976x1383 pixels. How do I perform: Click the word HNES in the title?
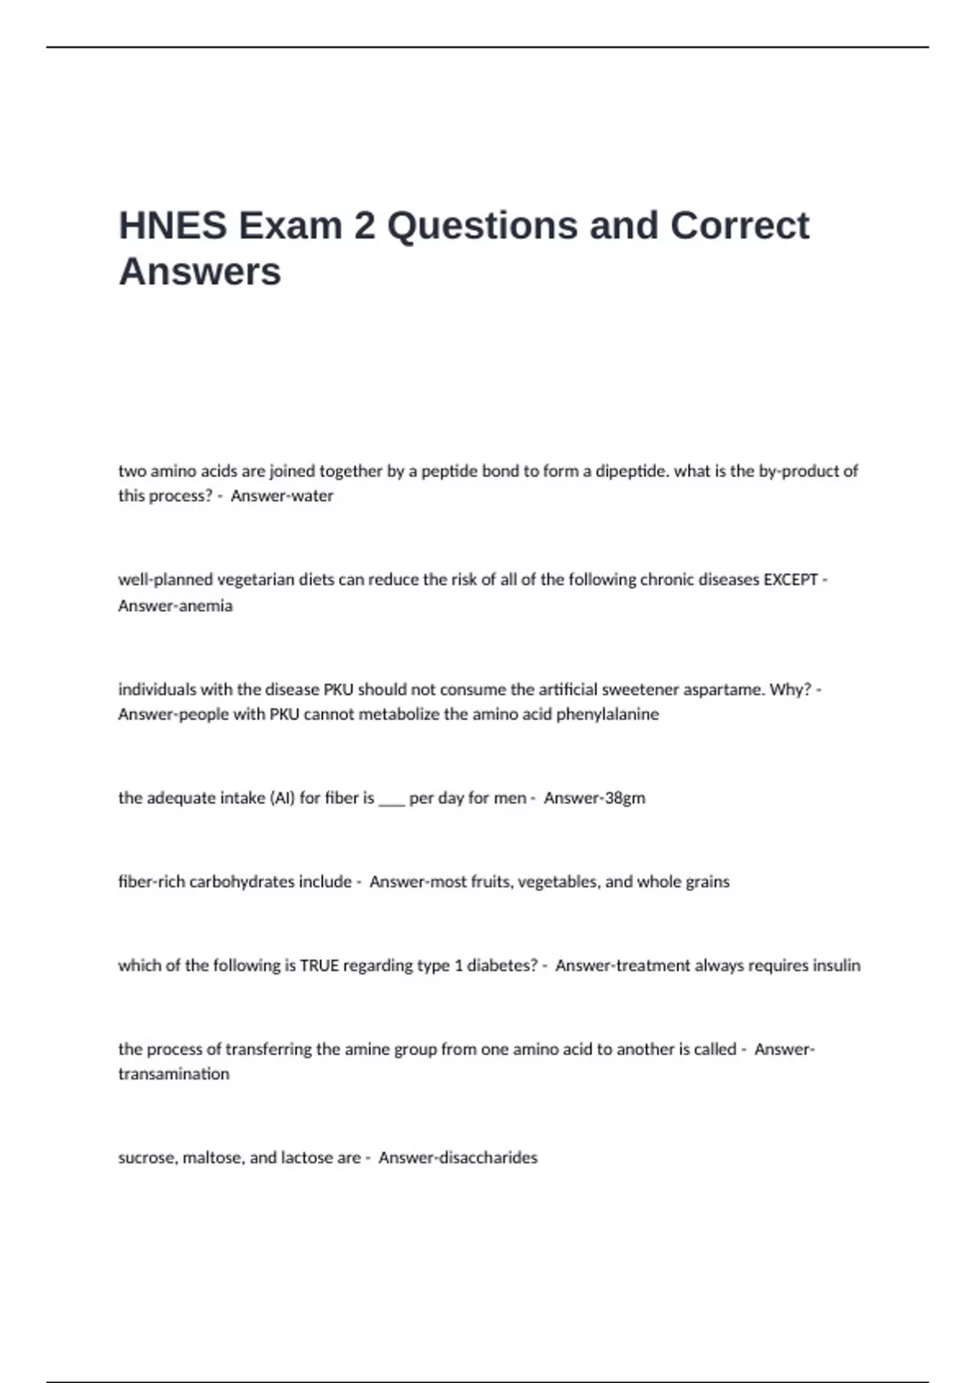(x=172, y=225)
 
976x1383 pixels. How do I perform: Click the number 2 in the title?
(x=364, y=225)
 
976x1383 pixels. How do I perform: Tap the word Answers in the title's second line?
(x=200, y=271)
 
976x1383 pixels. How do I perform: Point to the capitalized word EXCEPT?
(x=791, y=580)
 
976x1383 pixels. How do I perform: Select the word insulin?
(x=837, y=966)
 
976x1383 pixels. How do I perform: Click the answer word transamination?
(x=173, y=1074)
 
